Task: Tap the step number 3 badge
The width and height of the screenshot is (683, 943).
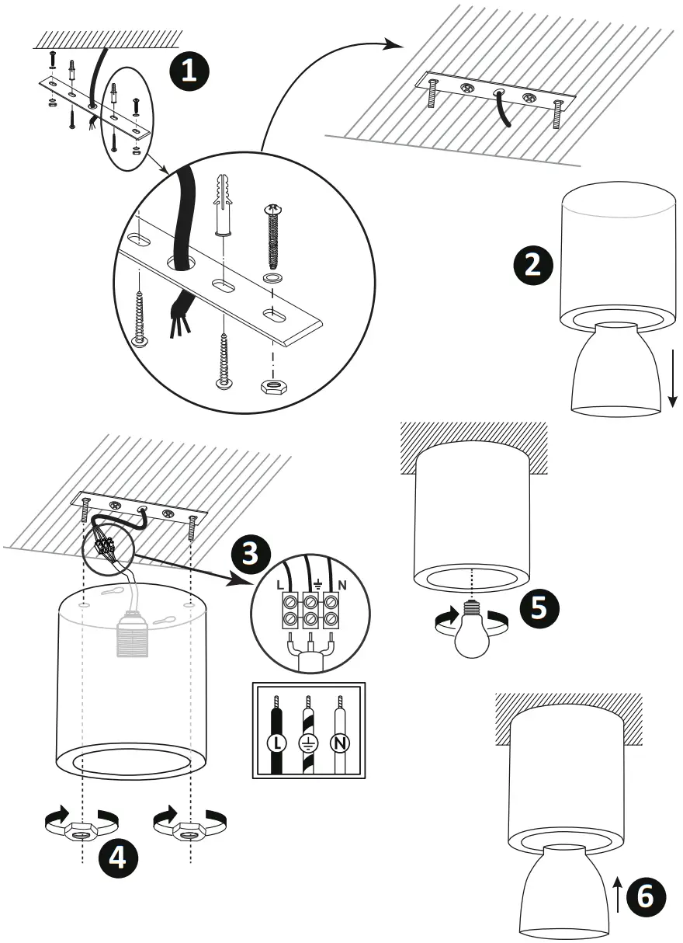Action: click(x=251, y=555)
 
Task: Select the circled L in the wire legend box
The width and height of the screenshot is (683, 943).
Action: click(x=276, y=743)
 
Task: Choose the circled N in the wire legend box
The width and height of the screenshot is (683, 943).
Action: click(x=339, y=743)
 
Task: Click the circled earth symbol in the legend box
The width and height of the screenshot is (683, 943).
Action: click(x=308, y=743)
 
